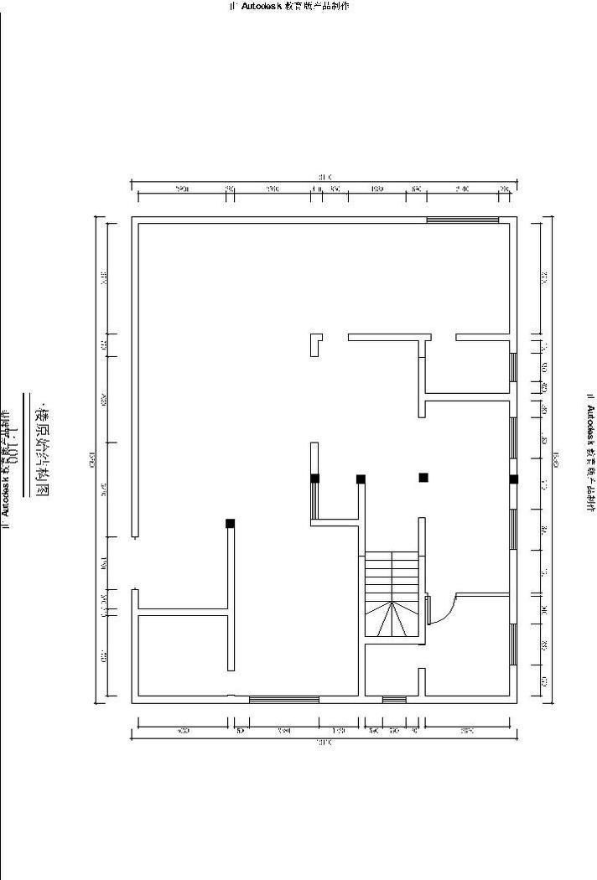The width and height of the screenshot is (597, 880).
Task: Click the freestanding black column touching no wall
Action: [423, 478]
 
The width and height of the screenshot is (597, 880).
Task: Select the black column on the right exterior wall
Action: [514, 479]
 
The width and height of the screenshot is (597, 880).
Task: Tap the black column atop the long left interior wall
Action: [230, 523]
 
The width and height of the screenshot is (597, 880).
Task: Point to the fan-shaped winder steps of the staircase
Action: [392, 621]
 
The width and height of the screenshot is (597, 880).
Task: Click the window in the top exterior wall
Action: [463, 220]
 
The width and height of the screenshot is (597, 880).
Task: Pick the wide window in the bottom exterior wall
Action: [283, 699]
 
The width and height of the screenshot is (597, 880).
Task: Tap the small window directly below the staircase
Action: [394, 699]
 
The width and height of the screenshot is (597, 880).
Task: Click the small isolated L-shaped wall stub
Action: [315, 344]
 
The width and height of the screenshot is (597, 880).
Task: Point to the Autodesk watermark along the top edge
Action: [289, 6]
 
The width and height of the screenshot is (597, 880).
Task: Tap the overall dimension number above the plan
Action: [324, 178]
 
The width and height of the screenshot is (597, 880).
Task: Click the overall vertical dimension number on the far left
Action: [93, 458]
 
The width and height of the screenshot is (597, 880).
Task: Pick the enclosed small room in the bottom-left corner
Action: [182, 655]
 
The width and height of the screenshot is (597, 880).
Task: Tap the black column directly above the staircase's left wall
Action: [361, 479]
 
